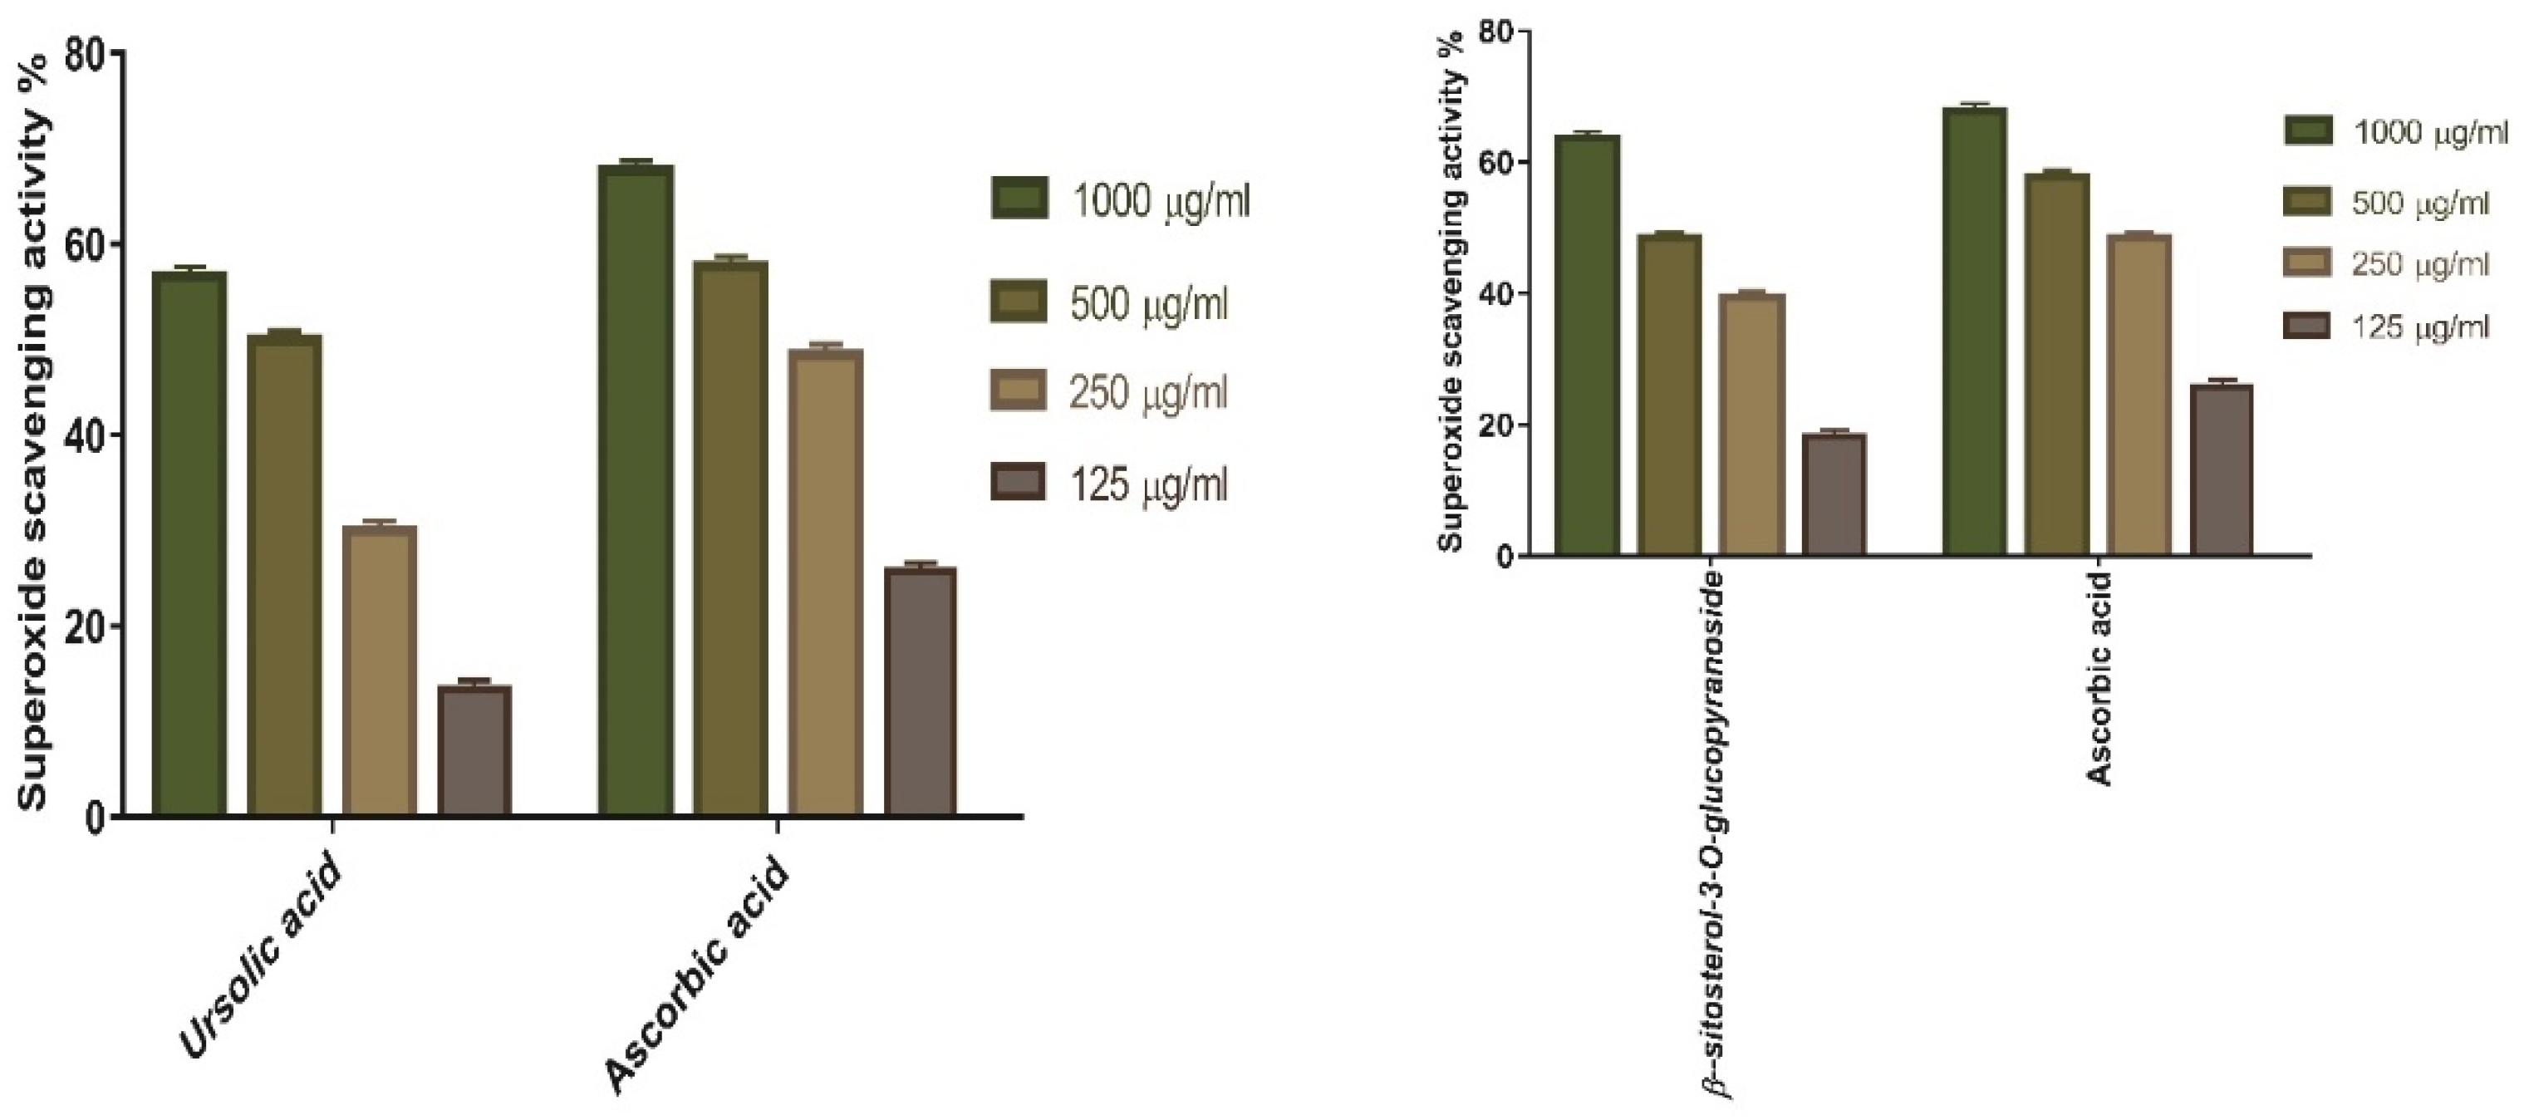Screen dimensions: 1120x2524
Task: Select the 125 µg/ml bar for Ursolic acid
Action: [474, 749]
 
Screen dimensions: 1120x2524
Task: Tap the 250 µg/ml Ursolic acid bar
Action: [379, 671]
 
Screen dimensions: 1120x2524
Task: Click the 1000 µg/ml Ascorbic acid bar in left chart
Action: [636, 490]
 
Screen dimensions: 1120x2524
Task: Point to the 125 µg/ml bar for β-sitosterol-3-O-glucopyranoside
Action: [1834, 495]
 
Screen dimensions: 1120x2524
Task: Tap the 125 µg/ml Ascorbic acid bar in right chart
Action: [2222, 470]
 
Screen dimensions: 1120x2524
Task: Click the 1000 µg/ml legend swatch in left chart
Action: [1020, 199]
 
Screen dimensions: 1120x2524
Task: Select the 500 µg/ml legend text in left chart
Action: [1149, 305]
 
